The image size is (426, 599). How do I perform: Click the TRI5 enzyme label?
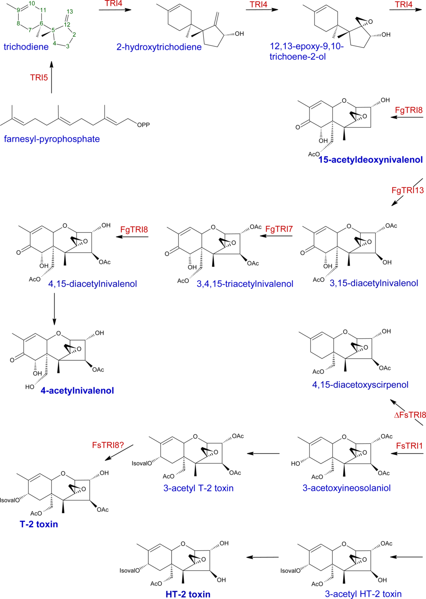pos(39,78)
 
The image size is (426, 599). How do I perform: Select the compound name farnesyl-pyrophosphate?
pos(52,139)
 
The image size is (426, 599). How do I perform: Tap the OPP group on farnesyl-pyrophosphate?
pos(143,125)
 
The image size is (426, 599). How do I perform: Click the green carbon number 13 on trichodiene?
pos(69,12)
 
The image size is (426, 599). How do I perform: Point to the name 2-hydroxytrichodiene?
pos(159,47)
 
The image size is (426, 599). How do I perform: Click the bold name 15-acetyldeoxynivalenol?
pos(370,160)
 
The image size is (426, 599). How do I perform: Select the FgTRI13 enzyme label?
pos(407,190)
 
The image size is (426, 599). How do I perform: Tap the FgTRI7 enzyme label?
pos(279,229)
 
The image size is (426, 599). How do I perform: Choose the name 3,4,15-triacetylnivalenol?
pos(245,284)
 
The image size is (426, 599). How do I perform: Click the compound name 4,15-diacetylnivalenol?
pos(92,284)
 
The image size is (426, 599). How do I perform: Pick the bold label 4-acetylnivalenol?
pos(77,391)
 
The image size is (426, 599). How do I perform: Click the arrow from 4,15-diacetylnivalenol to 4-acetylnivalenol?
pos(54,308)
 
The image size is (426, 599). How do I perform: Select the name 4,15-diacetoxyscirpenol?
pos(360,385)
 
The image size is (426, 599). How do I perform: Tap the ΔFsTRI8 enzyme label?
pos(410,415)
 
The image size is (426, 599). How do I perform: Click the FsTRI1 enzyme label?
pos(409,446)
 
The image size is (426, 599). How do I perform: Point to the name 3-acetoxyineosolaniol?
pos(346,488)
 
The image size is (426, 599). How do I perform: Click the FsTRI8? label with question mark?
pos(108,445)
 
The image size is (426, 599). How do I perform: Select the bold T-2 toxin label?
pos(39,524)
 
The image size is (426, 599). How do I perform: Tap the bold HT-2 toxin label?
pos(188,594)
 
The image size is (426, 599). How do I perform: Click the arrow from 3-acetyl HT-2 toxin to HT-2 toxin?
pos(263,557)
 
